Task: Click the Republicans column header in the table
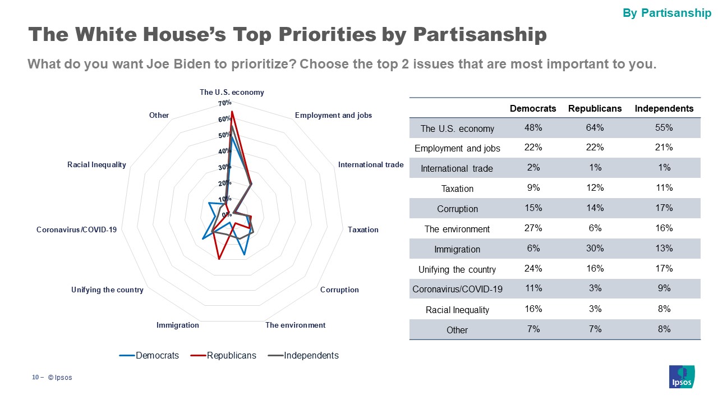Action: pos(595,108)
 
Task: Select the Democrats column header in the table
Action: pos(533,108)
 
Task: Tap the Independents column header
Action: pos(664,108)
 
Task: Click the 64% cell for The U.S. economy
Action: pos(595,128)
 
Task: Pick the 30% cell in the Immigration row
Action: pos(595,249)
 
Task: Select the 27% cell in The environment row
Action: pos(533,228)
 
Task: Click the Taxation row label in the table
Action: pos(457,189)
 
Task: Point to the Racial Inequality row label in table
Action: pos(457,310)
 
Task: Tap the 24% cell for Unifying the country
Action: pos(533,269)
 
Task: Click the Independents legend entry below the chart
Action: pos(311,355)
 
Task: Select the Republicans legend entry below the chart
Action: pos(231,355)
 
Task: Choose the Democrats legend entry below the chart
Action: pos(157,355)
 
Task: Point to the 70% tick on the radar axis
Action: pos(225,103)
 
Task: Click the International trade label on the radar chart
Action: pos(370,164)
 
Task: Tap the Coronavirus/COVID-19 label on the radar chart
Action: pos(76,229)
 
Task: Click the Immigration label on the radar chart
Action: pos(177,325)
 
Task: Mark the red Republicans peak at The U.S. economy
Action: pos(232,112)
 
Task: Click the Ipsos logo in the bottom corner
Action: pos(682,376)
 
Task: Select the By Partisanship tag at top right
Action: pos(667,13)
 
